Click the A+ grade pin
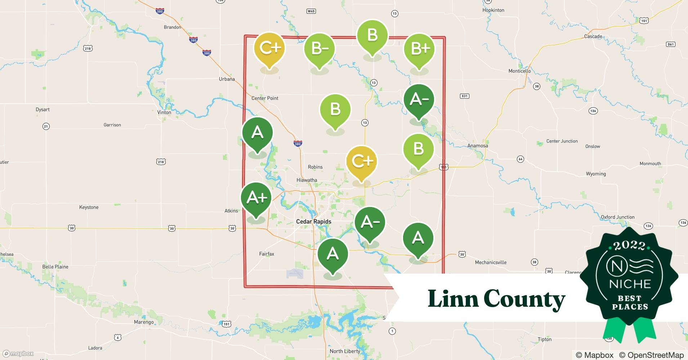pyautogui.click(x=256, y=198)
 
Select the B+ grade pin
pyautogui.click(x=419, y=49)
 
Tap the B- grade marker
pyautogui.click(x=320, y=49)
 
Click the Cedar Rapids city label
pyautogui.click(x=313, y=222)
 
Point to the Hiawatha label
pyautogui.click(x=307, y=180)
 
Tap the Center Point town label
pyautogui.click(x=265, y=98)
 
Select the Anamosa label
pyautogui.click(x=477, y=146)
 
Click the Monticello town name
pyautogui.click(x=519, y=71)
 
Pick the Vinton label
pyautogui.click(x=164, y=112)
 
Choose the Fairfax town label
pyautogui.click(x=267, y=254)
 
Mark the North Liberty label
pyautogui.click(x=345, y=351)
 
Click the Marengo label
pyautogui.click(x=144, y=322)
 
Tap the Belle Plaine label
pyautogui.click(x=55, y=267)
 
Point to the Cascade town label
pyautogui.click(x=593, y=36)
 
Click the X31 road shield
pyautogui.click(x=465, y=96)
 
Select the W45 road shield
pyautogui.click(x=311, y=11)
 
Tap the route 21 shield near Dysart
pyautogui.click(x=46, y=126)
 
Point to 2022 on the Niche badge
pyautogui.click(x=629, y=246)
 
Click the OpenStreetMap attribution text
pyautogui.click(x=651, y=355)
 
